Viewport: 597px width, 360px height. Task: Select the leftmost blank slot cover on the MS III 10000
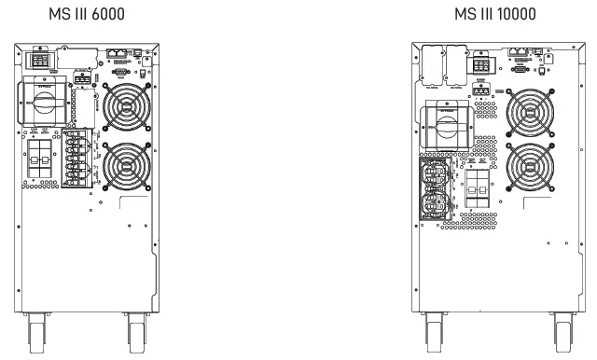(x=431, y=62)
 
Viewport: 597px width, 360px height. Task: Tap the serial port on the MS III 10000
(x=519, y=68)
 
